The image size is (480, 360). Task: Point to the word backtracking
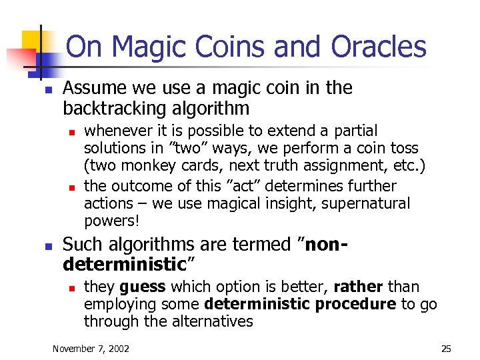pos(117,109)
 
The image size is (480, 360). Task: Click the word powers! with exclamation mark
pos(110,221)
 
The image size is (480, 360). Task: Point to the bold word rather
pos(357,287)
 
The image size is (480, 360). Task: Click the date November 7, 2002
pos(91,349)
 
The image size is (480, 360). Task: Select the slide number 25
pos(446,349)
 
